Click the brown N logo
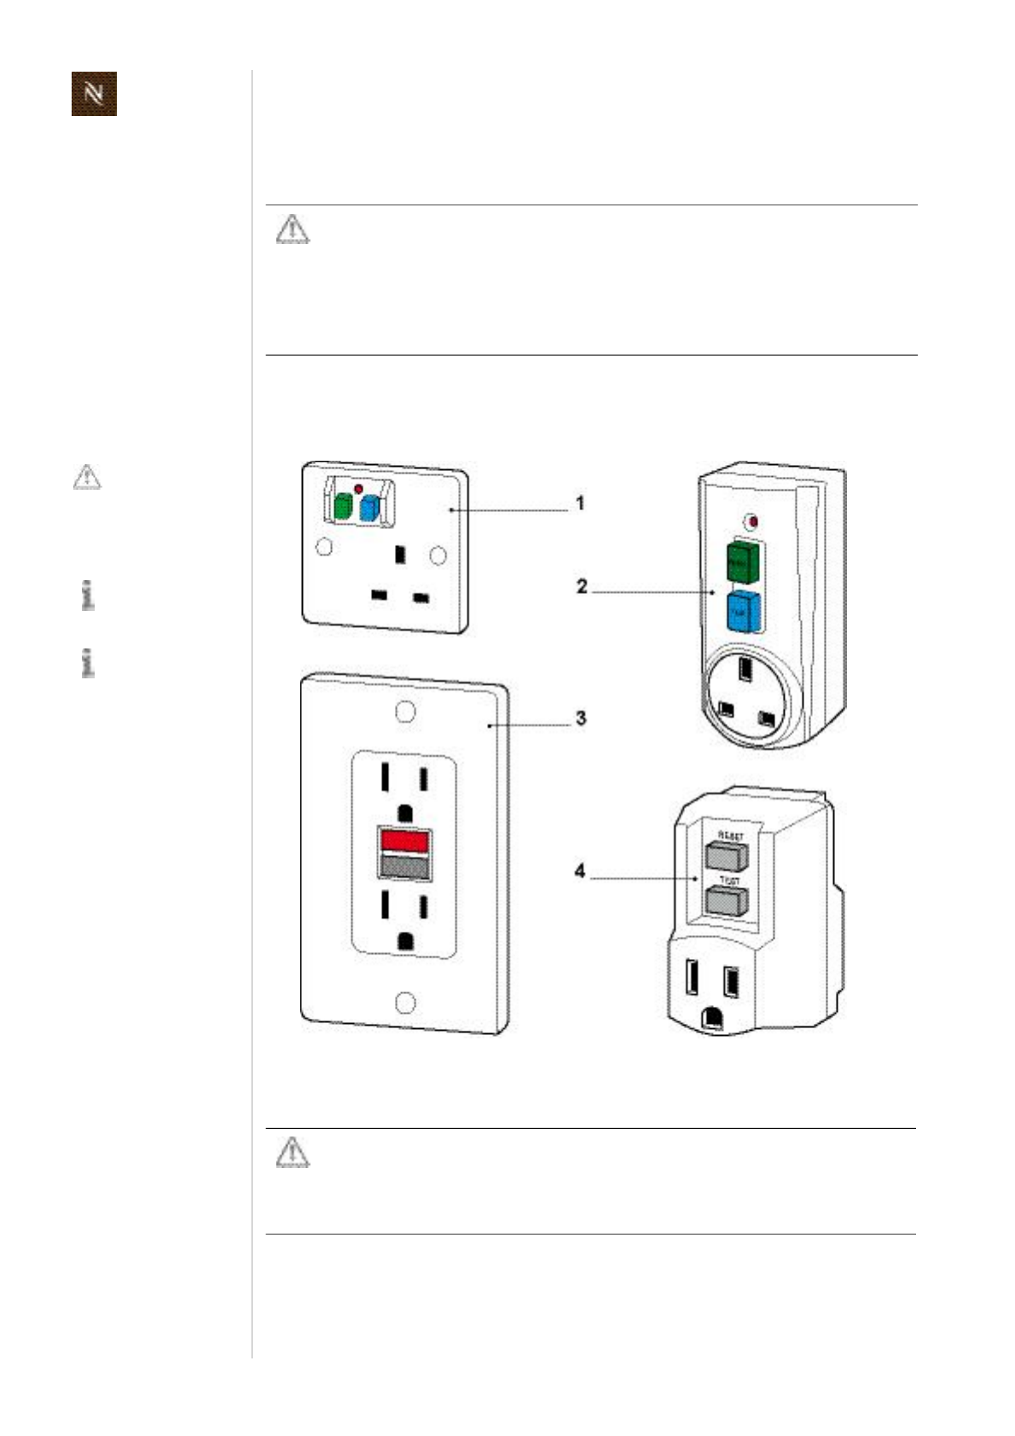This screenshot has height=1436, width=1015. [94, 94]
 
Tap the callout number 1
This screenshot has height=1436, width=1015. [581, 503]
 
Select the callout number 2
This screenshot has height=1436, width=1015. [582, 587]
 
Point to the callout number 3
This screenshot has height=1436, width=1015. [581, 718]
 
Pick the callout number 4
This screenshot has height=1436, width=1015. [580, 871]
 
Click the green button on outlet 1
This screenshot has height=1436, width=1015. [342, 508]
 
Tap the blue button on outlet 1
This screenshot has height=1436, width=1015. [368, 509]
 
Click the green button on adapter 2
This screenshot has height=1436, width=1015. [742, 562]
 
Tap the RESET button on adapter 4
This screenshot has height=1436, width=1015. [727, 854]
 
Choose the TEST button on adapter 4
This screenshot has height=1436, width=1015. [727, 899]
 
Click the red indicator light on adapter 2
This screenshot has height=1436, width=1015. [751, 521]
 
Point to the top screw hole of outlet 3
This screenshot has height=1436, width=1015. [406, 712]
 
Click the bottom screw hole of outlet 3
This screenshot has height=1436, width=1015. [406, 1003]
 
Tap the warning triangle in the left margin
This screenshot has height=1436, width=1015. [86, 477]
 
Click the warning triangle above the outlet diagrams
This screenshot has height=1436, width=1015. [293, 230]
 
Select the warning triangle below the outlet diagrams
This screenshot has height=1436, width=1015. [293, 1152]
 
